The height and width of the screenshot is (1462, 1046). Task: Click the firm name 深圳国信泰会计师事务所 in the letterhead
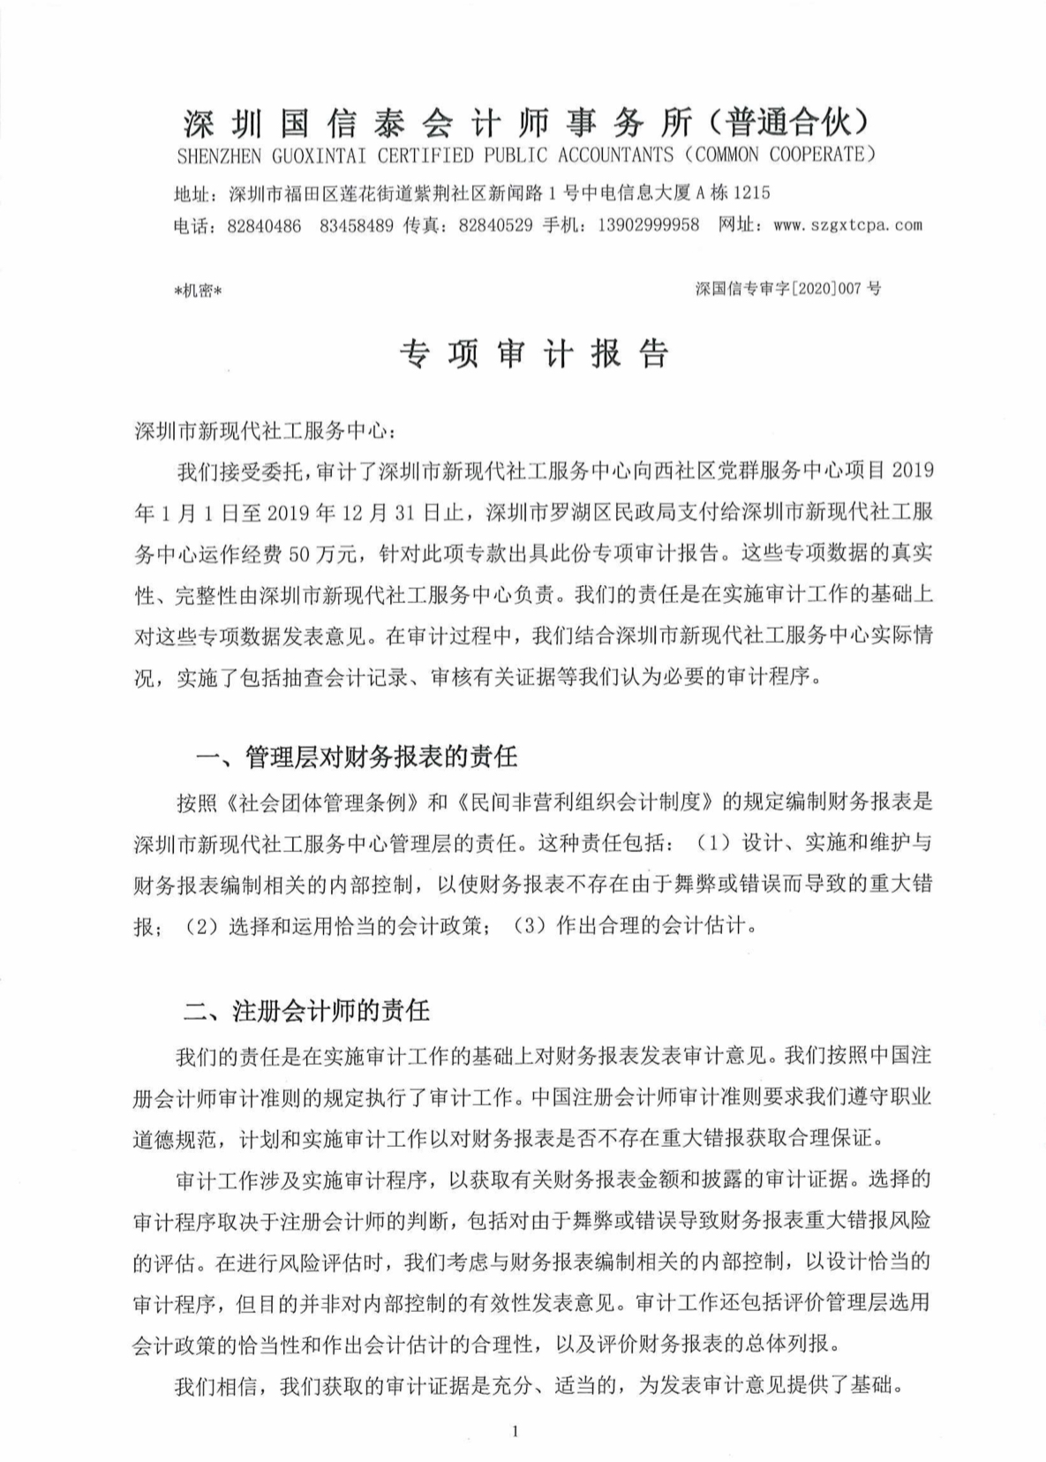(x=438, y=123)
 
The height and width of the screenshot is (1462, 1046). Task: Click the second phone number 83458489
(x=357, y=225)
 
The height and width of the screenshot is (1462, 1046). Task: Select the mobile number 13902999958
(x=648, y=225)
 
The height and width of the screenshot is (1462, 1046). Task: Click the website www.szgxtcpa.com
(x=847, y=225)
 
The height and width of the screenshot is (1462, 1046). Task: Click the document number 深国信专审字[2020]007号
(x=787, y=289)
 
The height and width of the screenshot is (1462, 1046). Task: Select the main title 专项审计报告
(x=534, y=354)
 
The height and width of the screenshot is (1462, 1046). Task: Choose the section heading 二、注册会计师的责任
(x=306, y=1010)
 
